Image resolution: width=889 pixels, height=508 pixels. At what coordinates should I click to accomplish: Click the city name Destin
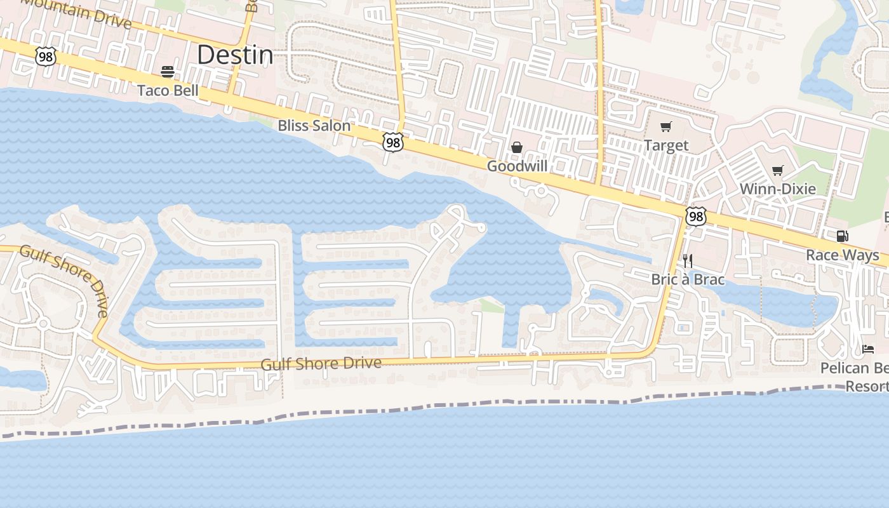pyautogui.click(x=235, y=55)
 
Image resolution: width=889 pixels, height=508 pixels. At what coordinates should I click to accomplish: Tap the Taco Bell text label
pyautogui.click(x=168, y=91)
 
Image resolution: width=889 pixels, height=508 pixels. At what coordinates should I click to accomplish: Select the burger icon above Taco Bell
pyautogui.click(x=168, y=72)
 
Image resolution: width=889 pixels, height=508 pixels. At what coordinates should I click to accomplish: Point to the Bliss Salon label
pyautogui.click(x=314, y=126)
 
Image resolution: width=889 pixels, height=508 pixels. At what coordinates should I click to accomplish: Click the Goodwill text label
pyautogui.click(x=517, y=166)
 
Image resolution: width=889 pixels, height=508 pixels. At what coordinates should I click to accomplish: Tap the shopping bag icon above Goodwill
pyautogui.click(x=517, y=147)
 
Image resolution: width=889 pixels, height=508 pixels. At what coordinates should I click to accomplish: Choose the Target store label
pyautogui.click(x=666, y=145)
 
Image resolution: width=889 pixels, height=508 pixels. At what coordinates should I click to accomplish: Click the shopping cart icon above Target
pyautogui.click(x=666, y=127)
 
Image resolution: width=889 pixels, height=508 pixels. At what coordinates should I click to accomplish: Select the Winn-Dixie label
pyautogui.click(x=777, y=189)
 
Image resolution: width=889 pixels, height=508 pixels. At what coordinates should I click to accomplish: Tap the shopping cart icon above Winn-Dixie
pyautogui.click(x=777, y=170)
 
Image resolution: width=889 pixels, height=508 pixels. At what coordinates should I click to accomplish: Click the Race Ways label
pyautogui.click(x=842, y=255)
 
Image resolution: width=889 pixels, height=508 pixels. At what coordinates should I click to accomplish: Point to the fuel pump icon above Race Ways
pyautogui.click(x=842, y=236)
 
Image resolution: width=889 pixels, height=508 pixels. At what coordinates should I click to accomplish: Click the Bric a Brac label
pyautogui.click(x=688, y=279)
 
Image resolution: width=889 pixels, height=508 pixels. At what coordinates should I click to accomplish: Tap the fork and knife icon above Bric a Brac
pyautogui.click(x=688, y=260)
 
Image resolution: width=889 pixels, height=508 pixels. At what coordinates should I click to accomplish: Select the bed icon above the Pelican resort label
pyautogui.click(x=868, y=349)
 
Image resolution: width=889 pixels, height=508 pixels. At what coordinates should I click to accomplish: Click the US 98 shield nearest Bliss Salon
pyautogui.click(x=393, y=142)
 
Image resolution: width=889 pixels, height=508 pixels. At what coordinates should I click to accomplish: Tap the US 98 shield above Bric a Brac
pyautogui.click(x=696, y=217)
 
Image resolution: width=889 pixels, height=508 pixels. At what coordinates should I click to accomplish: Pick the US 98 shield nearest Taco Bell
pyautogui.click(x=46, y=57)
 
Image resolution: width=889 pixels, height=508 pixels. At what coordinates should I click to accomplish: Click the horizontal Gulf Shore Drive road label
pyautogui.click(x=321, y=364)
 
